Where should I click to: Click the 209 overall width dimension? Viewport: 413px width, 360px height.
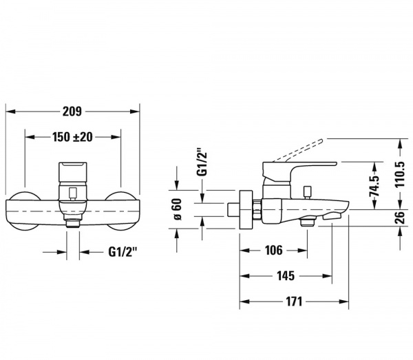[72, 112]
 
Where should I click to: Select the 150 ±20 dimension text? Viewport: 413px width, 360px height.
[72, 137]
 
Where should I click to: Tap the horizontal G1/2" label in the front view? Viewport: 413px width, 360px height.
[123, 252]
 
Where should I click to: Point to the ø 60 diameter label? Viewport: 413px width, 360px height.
[178, 209]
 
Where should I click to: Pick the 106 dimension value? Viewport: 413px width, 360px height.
[274, 250]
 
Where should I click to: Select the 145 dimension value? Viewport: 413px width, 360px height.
[286, 276]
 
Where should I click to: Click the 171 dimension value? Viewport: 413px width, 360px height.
[294, 301]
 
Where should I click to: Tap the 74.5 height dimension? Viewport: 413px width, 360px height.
[374, 186]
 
